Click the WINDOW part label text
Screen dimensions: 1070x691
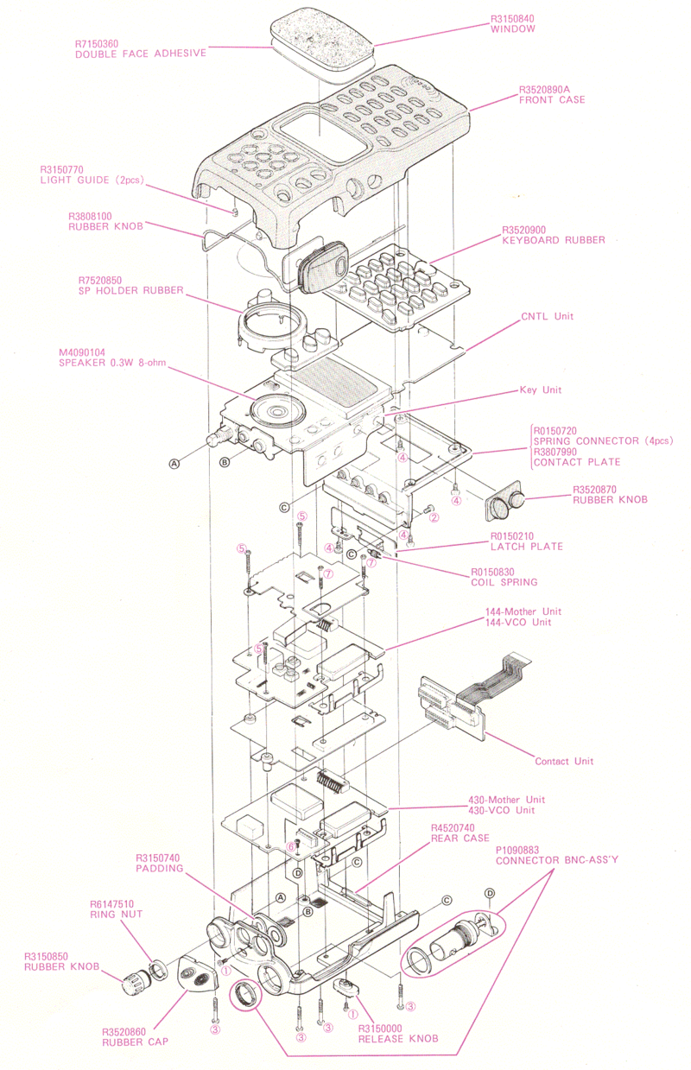click(x=513, y=29)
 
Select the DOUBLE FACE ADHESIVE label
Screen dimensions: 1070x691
click(x=141, y=53)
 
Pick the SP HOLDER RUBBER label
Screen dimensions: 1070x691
click(x=130, y=290)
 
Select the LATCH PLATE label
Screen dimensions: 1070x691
click(x=527, y=547)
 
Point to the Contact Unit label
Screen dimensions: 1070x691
click(x=564, y=762)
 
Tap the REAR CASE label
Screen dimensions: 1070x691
click(x=460, y=839)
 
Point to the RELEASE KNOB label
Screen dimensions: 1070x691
click(x=398, y=1039)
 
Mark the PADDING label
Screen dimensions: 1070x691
click(x=160, y=869)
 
